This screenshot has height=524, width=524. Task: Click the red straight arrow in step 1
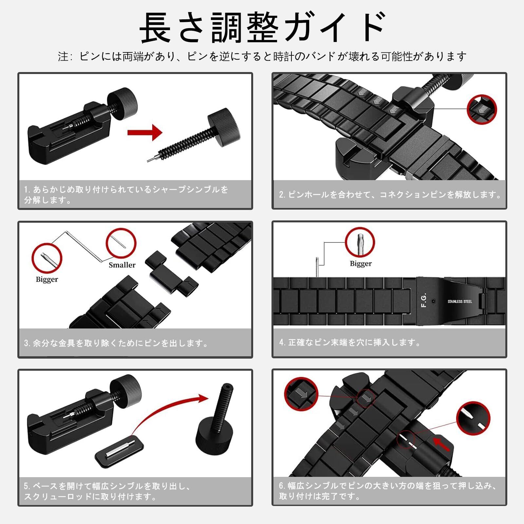[x=145, y=132]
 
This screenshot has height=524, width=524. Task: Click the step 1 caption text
[x=126, y=195]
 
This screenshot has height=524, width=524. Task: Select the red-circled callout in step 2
[x=481, y=109]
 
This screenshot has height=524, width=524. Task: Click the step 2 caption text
[x=390, y=195]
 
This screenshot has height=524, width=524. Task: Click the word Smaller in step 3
[x=122, y=265]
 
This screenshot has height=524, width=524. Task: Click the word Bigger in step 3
[x=47, y=279]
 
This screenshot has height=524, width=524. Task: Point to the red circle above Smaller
[x=121, y=243]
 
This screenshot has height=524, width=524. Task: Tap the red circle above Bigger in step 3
[x=47, y=258]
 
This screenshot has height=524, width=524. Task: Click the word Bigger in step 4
[x=361, y=264]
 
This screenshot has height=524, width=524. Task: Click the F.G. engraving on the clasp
[x=423, y=300]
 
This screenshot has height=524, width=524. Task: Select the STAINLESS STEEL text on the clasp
[x=460, y=301]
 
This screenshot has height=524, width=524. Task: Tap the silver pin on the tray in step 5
[x=120, y=449]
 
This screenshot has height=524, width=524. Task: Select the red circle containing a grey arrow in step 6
[x=301, y=394]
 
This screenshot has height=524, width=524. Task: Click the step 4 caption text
[x=349, y=343]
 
